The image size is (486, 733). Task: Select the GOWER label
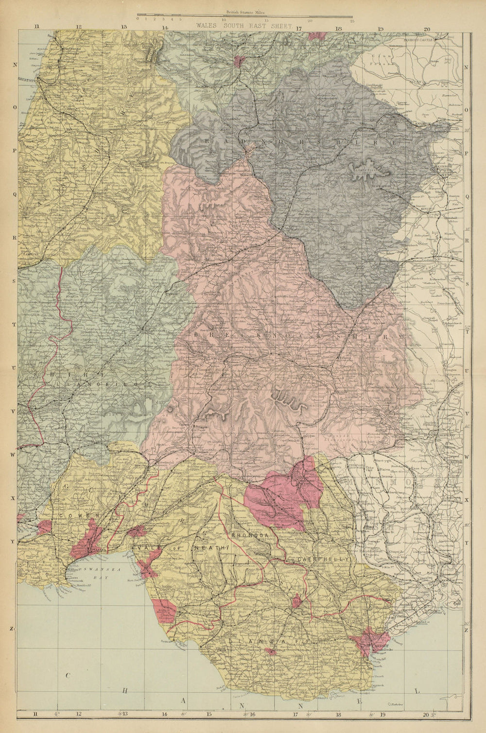pos(72,515)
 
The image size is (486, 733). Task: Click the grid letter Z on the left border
pos(11,629)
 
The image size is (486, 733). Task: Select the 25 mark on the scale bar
pos(352,20)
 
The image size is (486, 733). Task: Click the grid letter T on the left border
pos(14,324)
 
